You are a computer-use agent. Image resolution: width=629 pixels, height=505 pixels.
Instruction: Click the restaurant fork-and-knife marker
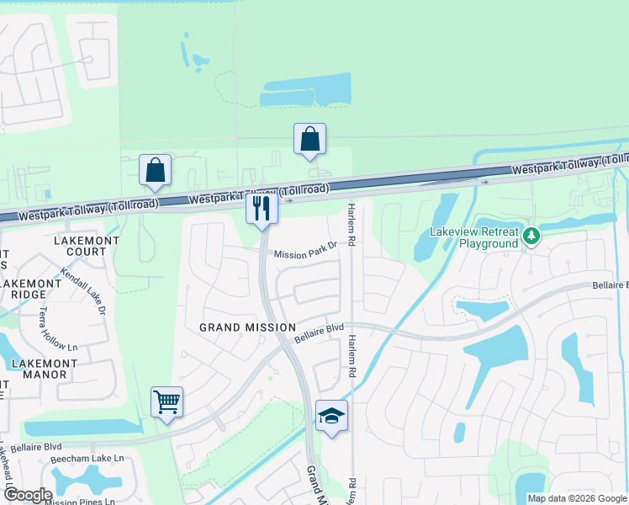pos(262,207)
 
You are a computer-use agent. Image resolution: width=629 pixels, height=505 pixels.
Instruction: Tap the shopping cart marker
pos(167,402)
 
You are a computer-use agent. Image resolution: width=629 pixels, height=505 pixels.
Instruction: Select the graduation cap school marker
pos(331,415)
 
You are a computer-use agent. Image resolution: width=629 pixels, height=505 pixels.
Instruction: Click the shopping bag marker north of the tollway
pos(309,139)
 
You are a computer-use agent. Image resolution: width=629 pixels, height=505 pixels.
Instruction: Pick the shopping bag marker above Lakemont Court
pos(156,170)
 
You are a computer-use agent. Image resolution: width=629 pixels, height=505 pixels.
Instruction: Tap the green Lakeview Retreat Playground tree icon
pos(531,237)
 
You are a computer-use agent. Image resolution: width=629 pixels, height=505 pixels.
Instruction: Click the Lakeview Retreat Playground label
pos(475,237)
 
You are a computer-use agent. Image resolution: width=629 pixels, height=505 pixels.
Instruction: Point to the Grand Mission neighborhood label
pos(247,327)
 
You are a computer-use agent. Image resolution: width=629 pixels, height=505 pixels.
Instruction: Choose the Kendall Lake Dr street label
pos(83,291)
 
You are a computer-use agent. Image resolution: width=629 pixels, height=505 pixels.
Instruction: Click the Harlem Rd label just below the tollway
pos(351,222)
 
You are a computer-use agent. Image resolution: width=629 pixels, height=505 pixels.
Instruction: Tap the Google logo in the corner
pos(27,494)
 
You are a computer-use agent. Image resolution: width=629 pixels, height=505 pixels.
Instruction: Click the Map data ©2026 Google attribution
pos(577,498)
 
